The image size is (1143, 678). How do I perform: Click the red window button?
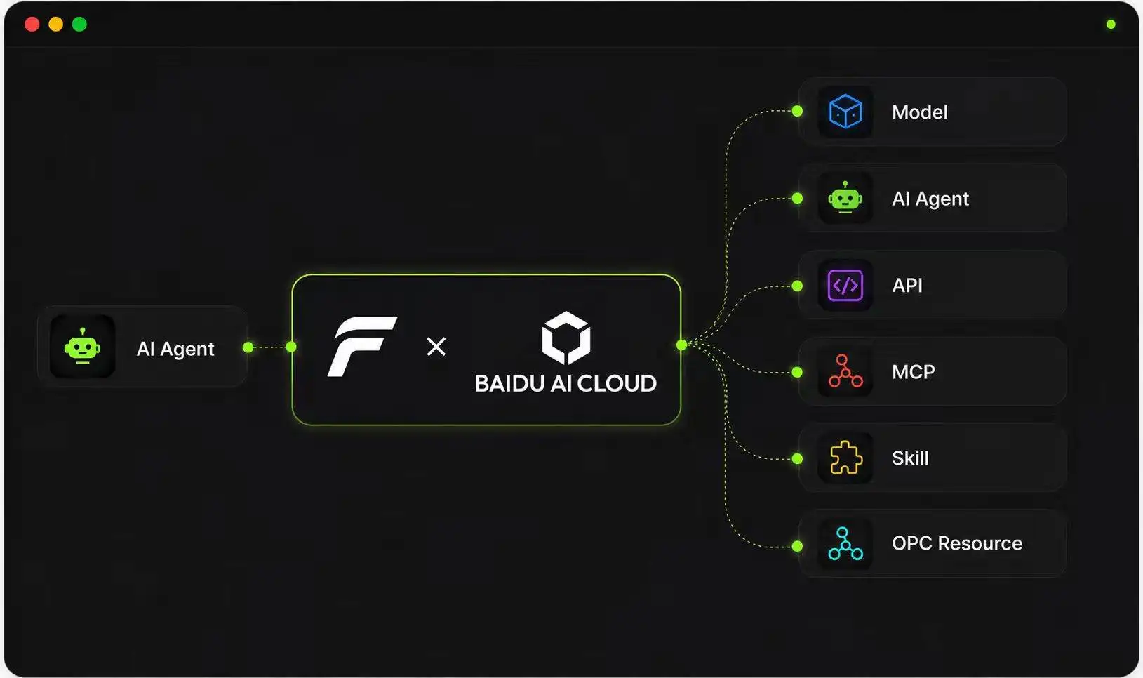pyautogui.click(x=32, y=24)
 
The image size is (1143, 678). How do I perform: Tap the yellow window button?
pyautogui.click(x=55, y=24)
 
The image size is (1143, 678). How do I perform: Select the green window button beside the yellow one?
pyautogui.click(x=79, y=24)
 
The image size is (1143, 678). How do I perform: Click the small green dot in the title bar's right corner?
pyautogui.click(x=1111, y=24)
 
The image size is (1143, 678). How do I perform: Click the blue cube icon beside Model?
pyautogui.click(x=845, y=112)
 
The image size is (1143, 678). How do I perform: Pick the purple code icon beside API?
pyautogui.click(x=845, y=285)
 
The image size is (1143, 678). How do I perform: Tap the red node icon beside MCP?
pyautogui.click(x=845, y=371)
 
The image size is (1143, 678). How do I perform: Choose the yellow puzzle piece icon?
pyautogui.click(x=846, y=458)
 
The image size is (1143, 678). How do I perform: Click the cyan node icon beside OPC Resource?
pyautogui.click(x=845, y=544)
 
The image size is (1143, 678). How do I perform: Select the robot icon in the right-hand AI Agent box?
pyautogui.click(x=845, y=198)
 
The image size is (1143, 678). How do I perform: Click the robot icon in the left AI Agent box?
pyautogui.click(x=82, y=346)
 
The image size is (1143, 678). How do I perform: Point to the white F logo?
pyautogui.click(x=362, y=347)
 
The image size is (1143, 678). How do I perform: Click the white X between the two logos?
pyautogui.click(x=436, y=347)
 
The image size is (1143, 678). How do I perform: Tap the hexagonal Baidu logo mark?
pyautogui.click(x=566, y=338)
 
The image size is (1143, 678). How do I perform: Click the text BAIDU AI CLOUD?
pyautogui.click(x=566, y=383)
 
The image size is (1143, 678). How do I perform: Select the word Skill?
pyautogui.click(x=910, y=458)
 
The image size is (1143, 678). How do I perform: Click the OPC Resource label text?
pyautogui.click(x=957, y=543)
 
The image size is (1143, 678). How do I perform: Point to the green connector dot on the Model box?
pyautogui.click(x=797, y=112)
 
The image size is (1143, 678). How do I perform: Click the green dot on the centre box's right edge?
pyautogui.click(x=681, y=345)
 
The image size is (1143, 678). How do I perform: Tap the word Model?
pyautogui.click(x=919, y=112)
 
